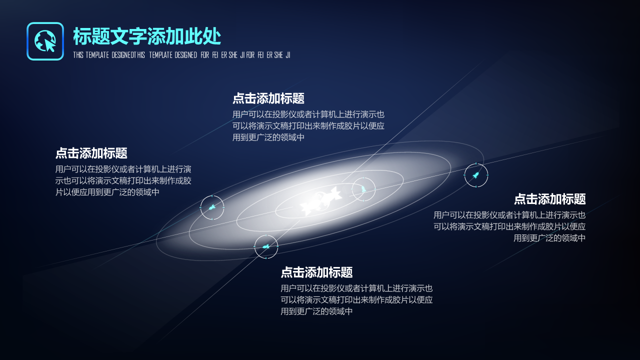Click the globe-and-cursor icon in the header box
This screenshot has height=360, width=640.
[45, 41]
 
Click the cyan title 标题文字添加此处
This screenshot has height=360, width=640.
[147, 36]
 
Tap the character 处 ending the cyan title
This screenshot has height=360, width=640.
[212, 36]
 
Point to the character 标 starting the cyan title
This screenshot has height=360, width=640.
[82, 36]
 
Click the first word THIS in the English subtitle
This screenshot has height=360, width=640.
[78, 55]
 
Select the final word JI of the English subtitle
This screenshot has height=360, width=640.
[287, 55]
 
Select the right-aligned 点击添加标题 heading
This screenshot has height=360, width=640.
[549, 199]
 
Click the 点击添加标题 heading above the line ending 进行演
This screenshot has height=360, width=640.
[91, 153]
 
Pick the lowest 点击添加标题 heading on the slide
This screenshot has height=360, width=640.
[316, 272]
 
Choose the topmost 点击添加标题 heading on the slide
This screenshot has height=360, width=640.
[268, 98]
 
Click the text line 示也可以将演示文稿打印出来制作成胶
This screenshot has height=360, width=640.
[123, 180]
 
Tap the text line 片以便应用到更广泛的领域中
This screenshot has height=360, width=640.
[107, 192]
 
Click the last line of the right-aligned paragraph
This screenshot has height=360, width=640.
[549, 238]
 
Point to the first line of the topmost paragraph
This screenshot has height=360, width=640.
[308, 114]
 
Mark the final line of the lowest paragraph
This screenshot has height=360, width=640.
[316, 311]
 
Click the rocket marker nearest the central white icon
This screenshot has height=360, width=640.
[363, 189]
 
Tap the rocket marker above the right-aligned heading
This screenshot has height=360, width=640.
[476, 175]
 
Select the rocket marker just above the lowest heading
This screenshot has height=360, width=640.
[266, 246]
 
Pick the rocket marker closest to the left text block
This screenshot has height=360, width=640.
[212, 207]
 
